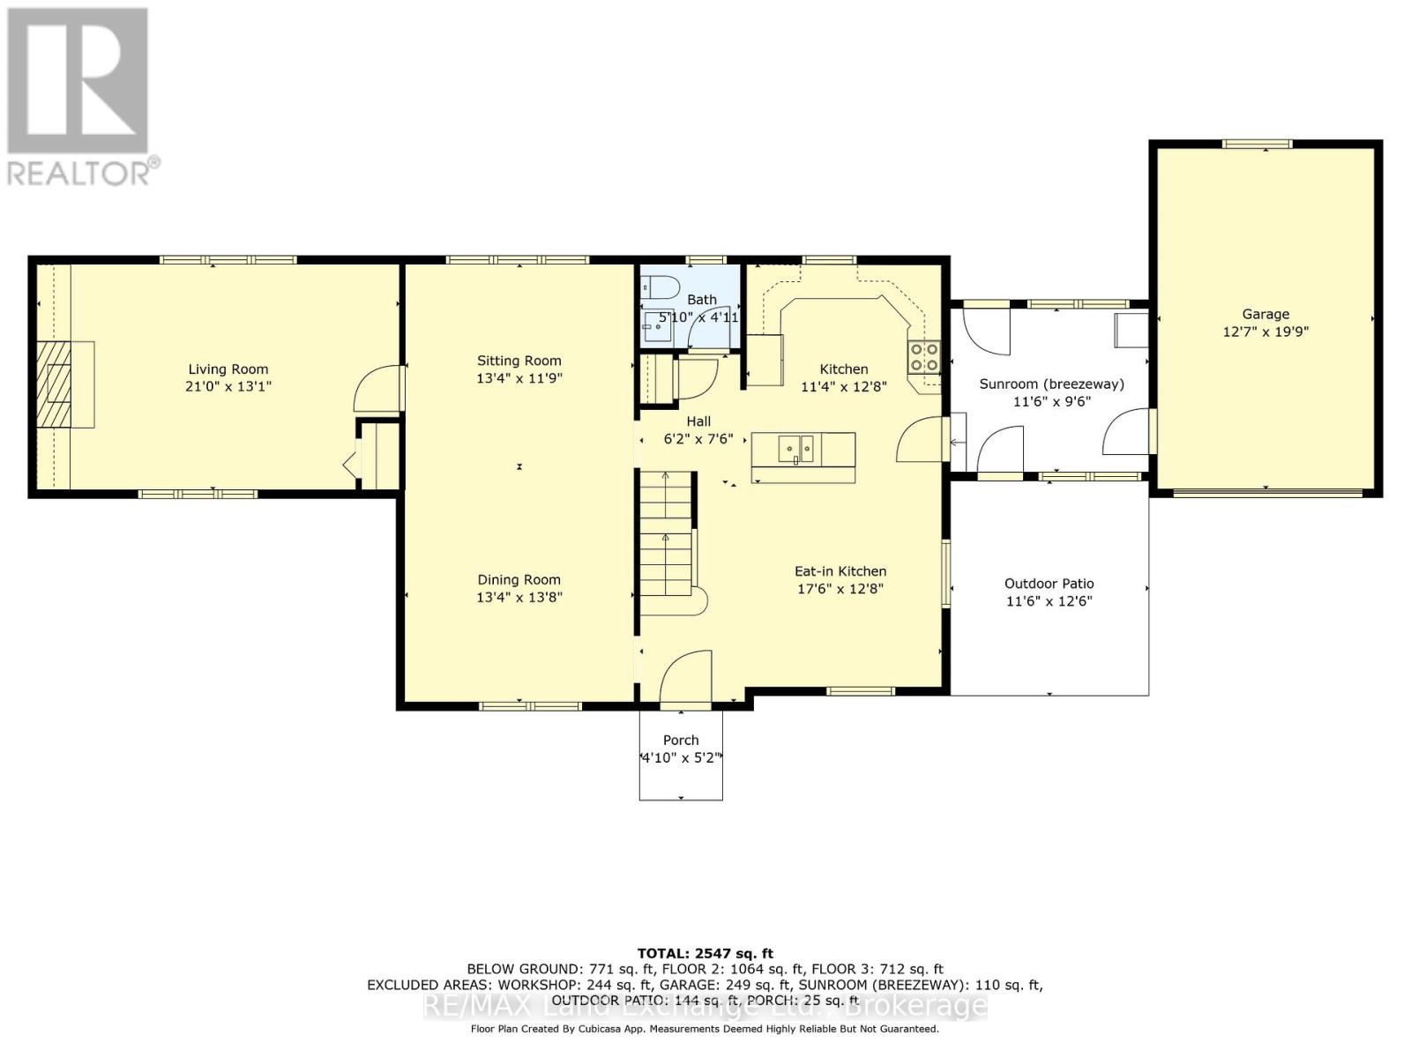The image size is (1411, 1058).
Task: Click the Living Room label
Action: [x=228, y=369]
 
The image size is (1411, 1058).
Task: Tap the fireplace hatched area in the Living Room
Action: [x=53, y=384]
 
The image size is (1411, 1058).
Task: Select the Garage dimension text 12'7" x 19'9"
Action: [x=1265, y=332]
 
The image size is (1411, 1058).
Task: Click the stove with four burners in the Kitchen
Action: [x=923, y=357]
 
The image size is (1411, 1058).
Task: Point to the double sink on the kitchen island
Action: [x=795, y=449]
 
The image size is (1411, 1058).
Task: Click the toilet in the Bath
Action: [x=660, y=286]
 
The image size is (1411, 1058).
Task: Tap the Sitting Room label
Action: [x=519, y=361]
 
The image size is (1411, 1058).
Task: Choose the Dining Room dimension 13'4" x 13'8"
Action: [x=519, y=598]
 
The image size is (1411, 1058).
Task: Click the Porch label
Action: [x=681, y=740]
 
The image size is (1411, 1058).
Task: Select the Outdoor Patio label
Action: [x=1049, y=584]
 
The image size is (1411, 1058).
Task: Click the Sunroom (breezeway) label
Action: [x=1052, y=384]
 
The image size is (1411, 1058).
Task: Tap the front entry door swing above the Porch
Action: [x=685, y=679]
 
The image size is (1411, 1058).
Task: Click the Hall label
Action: [x=698, y=421]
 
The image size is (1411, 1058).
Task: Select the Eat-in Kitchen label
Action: [x=840, y=571]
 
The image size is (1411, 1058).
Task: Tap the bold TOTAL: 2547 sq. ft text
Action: [x=705, y=954]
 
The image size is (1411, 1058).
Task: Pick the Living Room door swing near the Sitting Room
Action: [x=378, y=388]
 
